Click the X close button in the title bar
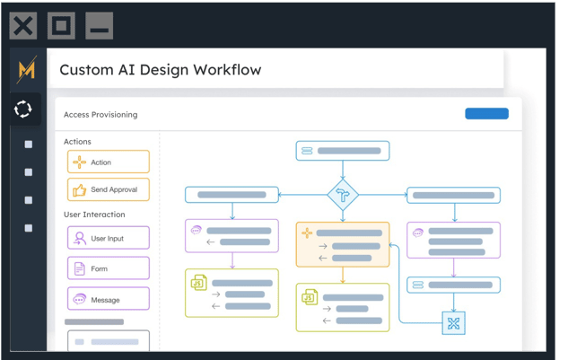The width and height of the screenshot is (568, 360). [23, 26]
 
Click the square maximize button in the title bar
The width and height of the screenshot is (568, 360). [61, 26]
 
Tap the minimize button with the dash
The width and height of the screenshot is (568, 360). [100, 26]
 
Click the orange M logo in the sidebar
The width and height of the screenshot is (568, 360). [27, 69]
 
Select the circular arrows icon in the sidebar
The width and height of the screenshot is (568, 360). [22, 109]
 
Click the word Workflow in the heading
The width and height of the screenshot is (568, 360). [227, 70]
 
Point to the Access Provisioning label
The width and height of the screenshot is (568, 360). [100, 115]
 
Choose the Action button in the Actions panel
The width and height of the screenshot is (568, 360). [109, 162]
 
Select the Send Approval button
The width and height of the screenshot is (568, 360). [109, 189]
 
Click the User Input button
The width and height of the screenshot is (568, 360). [109, 238]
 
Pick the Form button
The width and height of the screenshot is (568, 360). [109, 268]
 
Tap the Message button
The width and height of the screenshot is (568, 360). [109, 299]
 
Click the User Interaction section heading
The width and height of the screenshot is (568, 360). [94, 215]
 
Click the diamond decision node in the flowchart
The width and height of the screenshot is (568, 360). [343, 195]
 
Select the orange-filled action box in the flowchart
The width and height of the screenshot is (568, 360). [343, 244]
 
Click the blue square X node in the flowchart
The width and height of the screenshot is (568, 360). [453, 323]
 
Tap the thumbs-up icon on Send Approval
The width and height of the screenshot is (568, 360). [79, 189]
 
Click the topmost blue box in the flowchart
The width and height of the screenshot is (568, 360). [343, 151]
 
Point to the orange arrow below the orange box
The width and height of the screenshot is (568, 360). [343, 276]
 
